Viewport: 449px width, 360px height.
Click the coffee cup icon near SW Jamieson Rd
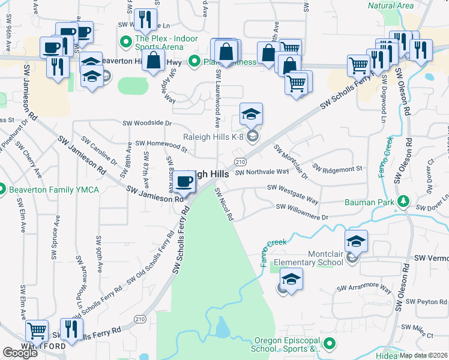coord(185,181)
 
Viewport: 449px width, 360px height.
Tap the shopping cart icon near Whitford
coord(37,331)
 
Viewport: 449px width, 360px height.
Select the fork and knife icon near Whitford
coord(71,329)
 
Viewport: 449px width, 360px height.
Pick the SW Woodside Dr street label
coord(147,123)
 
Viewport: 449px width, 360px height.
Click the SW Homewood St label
coord(161,143)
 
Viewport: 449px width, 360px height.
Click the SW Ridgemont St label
coord(337,169)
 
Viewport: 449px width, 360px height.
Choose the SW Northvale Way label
coord(262,172)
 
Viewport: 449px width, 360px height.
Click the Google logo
coord(20,353)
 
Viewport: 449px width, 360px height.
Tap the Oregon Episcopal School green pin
coord(328,344)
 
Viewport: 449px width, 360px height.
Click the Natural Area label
coord(390,5)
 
